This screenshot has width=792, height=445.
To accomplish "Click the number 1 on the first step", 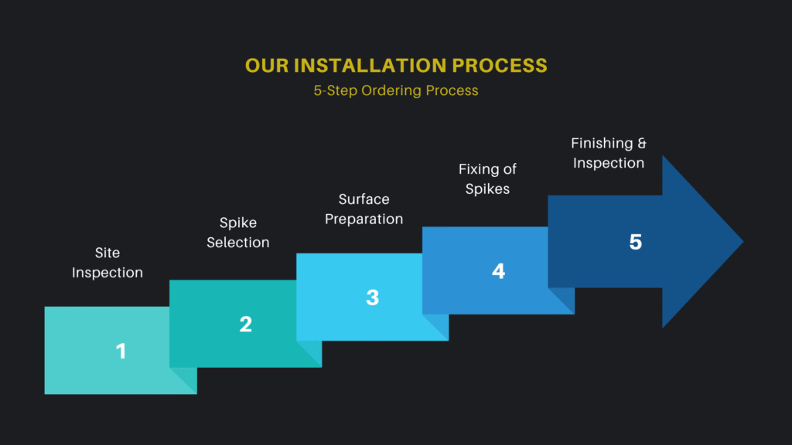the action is [x=121, y=352].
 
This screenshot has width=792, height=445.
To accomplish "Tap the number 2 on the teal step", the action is [x=245, y=324].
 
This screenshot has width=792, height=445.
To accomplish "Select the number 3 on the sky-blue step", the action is [x=372, y=297].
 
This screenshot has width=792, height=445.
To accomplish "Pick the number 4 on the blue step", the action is [x=498, y=271].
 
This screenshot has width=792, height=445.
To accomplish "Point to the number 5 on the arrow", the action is [x=636, y=242].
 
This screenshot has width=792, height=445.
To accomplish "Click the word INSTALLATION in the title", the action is [x=370, y=66].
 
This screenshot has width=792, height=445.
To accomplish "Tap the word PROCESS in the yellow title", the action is [x=500, y=66].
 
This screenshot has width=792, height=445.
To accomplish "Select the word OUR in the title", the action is [x=267, y=66].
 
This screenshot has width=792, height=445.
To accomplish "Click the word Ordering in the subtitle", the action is [x=391, y=91].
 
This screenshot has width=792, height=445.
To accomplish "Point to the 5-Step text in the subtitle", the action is [x=336, y=91].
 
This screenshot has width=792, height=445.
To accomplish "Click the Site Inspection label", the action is [x=107, y=263].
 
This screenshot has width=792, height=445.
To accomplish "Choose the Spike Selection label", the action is [x=238, y=233].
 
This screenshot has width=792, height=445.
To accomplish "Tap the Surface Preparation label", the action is [x=364, y=209].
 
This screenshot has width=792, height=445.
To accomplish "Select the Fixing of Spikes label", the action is [x=487, y=178].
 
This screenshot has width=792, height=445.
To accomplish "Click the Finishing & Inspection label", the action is [x=609, y=153].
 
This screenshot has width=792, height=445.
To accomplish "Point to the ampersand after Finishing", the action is [x=641, y=143].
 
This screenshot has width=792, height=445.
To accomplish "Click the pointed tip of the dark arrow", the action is [x=743, y=242].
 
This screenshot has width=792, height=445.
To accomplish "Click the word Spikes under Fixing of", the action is [x=487, y=189].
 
